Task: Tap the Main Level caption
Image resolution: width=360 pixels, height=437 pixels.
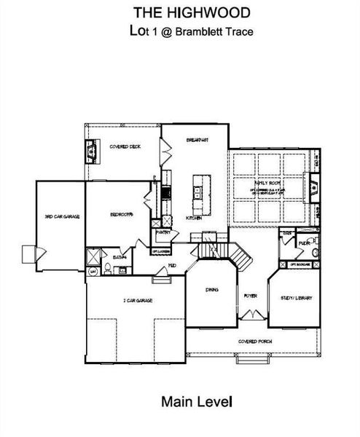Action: (191, 400)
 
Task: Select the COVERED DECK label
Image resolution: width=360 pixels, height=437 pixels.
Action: (125, 146)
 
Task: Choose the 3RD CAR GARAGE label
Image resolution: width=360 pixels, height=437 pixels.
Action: (61, 217)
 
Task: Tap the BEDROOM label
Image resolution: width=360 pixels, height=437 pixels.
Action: (121, 215)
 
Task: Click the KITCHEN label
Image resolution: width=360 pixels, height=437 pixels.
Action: (193, 218)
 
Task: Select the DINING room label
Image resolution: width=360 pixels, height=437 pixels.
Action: (211, 290)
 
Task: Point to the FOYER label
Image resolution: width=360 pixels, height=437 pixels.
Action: (250, 296)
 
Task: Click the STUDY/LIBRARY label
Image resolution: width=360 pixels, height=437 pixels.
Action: (296, 297)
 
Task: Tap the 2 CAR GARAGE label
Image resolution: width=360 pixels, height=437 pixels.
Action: (135, 299)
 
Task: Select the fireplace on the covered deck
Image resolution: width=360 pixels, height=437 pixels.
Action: (92, 151)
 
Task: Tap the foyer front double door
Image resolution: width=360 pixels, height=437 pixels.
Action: (251, 315)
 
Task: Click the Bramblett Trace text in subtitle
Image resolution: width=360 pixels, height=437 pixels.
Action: (214, 32)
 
